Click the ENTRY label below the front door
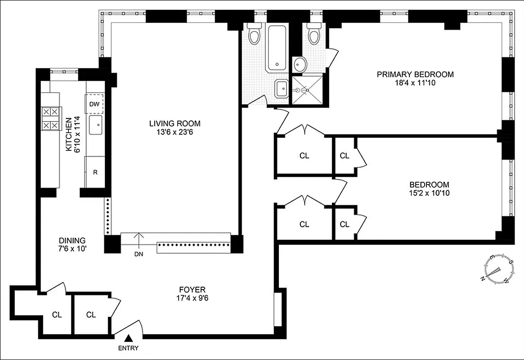(129, 348)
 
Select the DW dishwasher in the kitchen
(94, 104)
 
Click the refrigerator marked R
(95, 171)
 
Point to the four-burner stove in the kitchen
(50, 118)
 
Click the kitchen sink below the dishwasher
(96, 125)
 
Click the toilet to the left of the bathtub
(255, 36)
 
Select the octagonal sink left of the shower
(282, 88)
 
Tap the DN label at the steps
(139, 253)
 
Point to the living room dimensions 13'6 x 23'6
(175, 131)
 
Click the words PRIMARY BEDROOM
(415, 74)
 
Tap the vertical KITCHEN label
(68, 135)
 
